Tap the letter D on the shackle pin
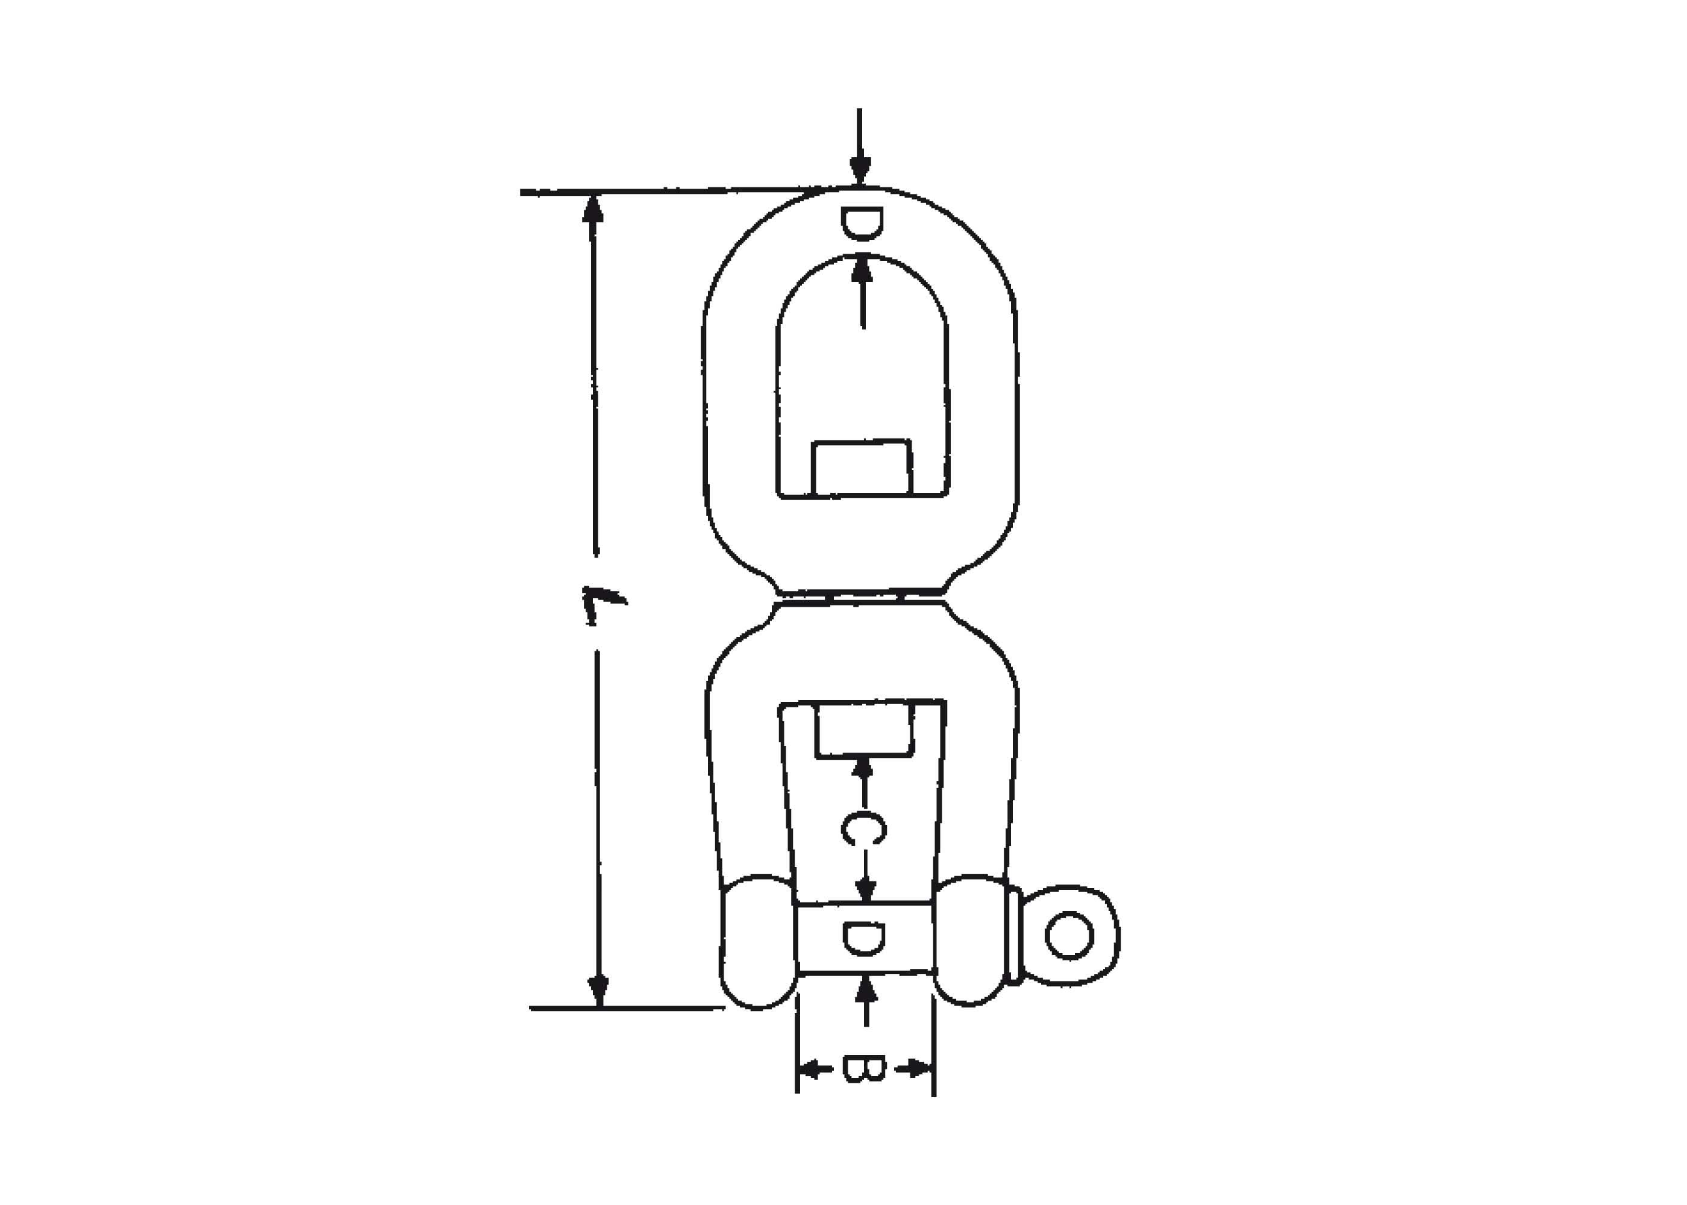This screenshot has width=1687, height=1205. pyautogui.click(x=864, y=939)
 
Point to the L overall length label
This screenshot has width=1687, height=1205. pyautogui.click(x=602, y=604)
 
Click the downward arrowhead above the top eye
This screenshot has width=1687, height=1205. pyautogui.click(x=860, y=170)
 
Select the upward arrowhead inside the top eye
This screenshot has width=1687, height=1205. pyautogui.click(x=862, y=269)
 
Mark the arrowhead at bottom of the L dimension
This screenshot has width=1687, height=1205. pyautogui.click(x=599, y=992)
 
